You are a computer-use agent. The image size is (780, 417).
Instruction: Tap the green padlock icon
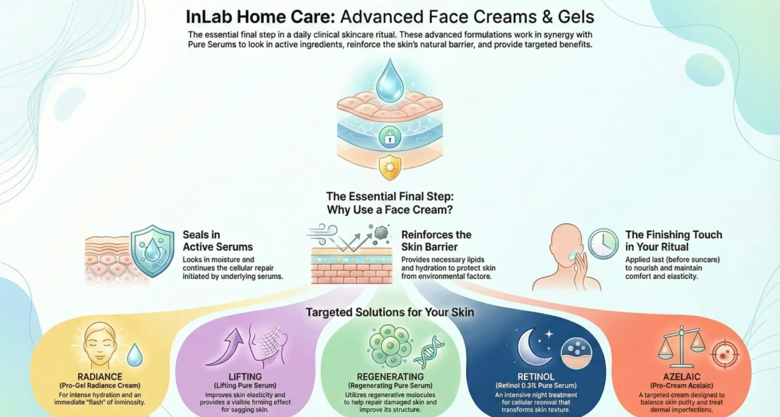coord(389,137)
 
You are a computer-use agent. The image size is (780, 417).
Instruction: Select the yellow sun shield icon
coord(389,167)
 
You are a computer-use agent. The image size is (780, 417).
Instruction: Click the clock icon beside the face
coord(603,244)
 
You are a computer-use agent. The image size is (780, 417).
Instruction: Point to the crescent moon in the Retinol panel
coord(532,347)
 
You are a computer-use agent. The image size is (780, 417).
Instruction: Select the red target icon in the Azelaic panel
coord(724,354)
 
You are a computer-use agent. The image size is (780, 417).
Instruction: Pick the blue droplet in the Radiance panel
coord(134,355)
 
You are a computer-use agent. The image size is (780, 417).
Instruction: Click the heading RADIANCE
coord(100,377)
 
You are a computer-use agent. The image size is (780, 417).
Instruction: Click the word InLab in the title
coord(209,17)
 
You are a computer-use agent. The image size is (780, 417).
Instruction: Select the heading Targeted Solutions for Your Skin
coord(389,312)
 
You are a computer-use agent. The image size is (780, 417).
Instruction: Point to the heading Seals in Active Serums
coord(217,241)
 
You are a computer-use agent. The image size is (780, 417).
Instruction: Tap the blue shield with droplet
coord(152,250)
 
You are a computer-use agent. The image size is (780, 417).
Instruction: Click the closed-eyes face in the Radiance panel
coord(99,345)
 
